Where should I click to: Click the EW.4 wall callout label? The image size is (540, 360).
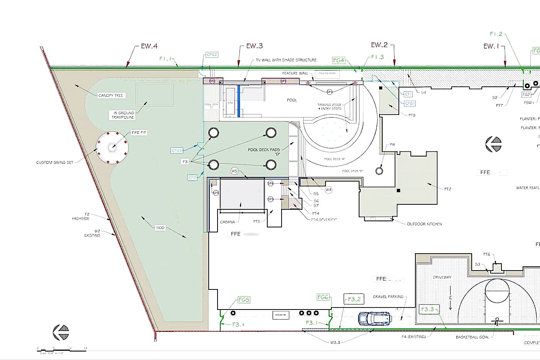(x=149, y=46)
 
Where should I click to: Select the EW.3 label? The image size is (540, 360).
(x=255, y=46)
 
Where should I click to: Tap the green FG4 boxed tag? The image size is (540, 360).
(x=338, y=60)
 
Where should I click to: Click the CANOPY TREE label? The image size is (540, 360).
(x=111, y=96)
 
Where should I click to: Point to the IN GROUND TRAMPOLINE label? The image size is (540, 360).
(x=123, y=115)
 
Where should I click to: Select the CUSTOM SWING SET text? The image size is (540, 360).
(x=55, y=163)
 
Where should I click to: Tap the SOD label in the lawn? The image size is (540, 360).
(x=160, y=228)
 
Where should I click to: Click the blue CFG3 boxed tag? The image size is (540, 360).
(x=177, y=150)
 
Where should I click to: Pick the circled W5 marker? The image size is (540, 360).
(x=235, y=171)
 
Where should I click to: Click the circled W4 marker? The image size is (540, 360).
(x=328, y=190)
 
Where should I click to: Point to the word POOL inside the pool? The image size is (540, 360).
(x=292, y=100)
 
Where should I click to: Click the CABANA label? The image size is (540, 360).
(x=228, y=222)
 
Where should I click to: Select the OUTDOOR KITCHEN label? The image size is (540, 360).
(x=424, y=224)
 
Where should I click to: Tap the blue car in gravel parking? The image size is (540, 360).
(x=375, y=318)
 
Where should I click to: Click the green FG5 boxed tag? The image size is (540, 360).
(x=244, y=300)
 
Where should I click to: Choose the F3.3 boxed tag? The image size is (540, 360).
(x=427, y=309)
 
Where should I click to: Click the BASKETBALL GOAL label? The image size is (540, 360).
(x=472, y=337)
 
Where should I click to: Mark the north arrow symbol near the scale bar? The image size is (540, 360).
(x=61, y=332)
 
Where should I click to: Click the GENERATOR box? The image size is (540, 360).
(x=280, y=315)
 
